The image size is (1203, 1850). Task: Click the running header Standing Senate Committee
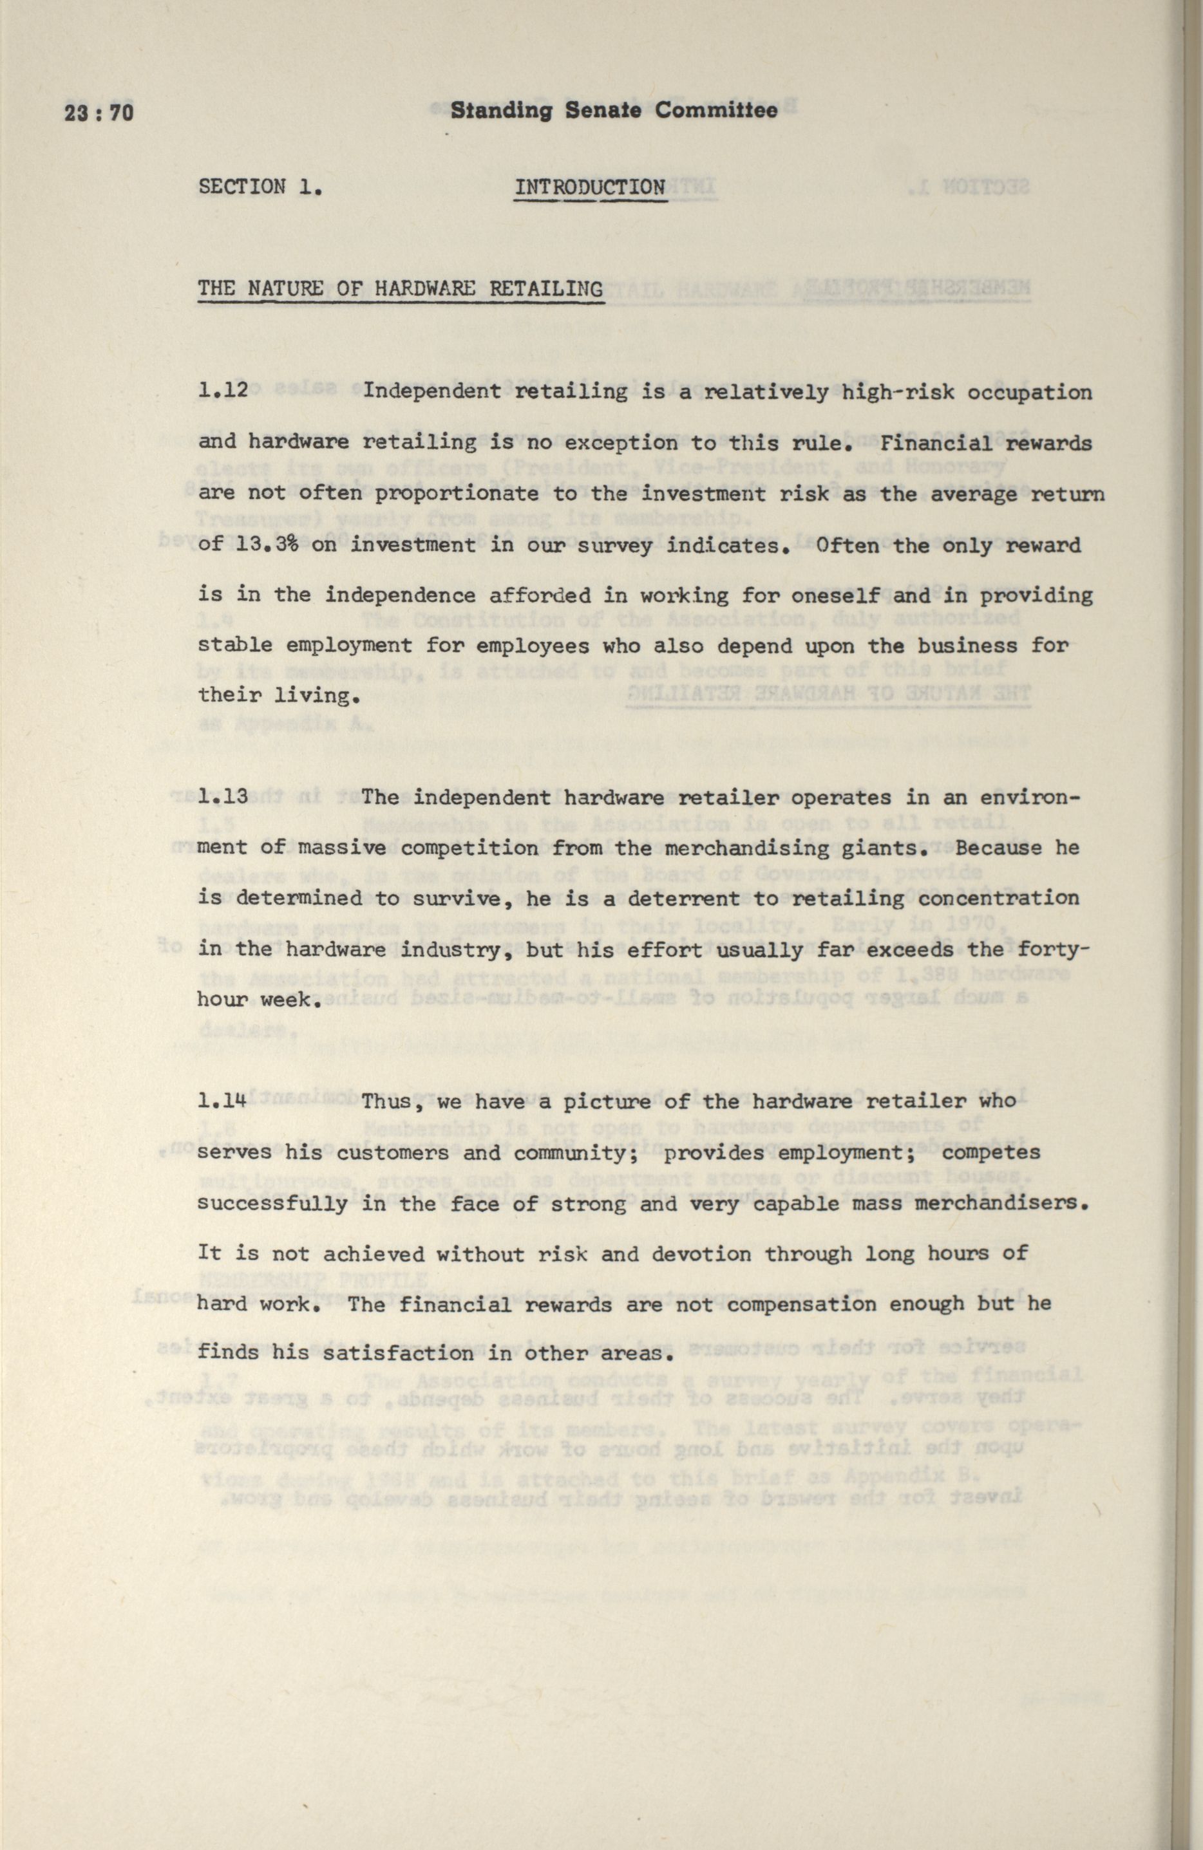point(614,110)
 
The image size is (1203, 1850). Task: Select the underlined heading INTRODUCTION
point(590,187)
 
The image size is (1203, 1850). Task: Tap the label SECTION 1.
point(261,187)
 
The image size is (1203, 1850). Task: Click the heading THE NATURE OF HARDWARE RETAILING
point(401,289)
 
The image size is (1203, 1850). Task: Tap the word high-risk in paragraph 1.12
point(898,392)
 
